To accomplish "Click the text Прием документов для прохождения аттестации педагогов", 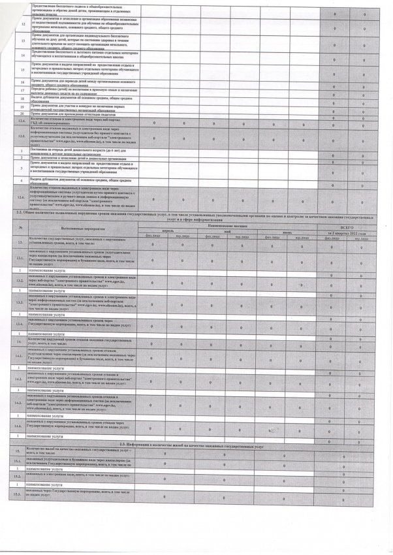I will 72,114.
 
